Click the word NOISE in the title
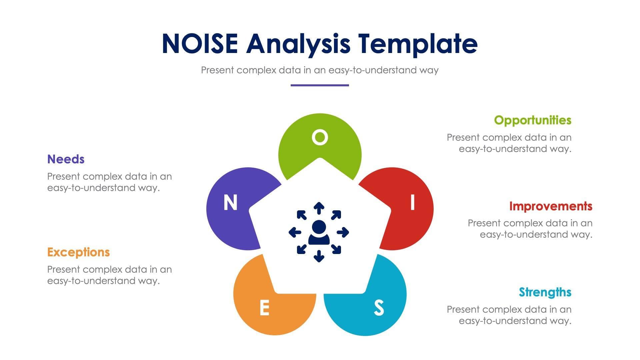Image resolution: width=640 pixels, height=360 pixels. coord(200,44)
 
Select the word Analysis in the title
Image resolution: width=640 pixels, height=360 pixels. coord(298,44)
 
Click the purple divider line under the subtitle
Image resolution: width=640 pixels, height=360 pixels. coord(320,85)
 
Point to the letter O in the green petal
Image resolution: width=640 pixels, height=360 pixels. coord(320,137)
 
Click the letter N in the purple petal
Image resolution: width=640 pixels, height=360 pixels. coord(230,202)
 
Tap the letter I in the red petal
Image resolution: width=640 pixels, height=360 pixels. coord(413,202)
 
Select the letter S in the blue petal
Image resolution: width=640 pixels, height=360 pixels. coord(379,307)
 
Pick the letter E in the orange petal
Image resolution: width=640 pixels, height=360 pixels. coord(264,307)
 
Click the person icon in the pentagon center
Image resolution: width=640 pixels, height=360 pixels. coord(319,232)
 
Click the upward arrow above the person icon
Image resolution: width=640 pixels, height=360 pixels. coord(319,208)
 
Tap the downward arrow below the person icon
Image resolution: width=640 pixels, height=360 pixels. coord(319,256)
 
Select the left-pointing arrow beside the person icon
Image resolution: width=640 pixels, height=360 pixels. coord(295,232)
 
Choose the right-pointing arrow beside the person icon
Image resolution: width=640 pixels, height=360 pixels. coord(343,232)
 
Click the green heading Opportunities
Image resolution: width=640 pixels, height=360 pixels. coord(532,120)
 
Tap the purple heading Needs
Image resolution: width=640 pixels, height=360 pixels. coord(66,159)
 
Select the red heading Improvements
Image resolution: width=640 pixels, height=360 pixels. coord(551,206)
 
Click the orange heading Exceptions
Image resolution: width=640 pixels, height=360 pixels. coord(78,252)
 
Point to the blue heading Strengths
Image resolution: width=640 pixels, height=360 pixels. coord(545,292)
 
